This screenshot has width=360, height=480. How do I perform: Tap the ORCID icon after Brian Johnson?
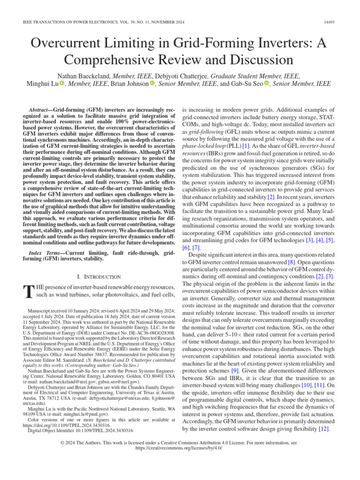152,84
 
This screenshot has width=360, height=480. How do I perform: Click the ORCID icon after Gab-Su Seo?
267,84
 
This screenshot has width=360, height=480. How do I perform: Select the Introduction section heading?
98,277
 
